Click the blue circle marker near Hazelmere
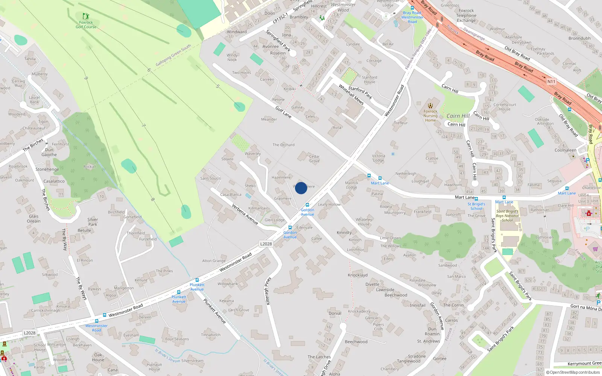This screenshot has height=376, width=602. (301, 188)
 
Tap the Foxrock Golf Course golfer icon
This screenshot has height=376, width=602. (86, 16)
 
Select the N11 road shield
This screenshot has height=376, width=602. (551, 82)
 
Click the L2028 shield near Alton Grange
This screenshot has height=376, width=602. (266, 244)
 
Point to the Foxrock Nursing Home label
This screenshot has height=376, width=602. (430, 116)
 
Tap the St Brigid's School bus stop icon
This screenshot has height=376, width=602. (476, 199)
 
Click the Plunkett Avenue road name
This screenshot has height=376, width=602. (214, 311)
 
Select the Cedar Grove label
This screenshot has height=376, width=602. (314, 159)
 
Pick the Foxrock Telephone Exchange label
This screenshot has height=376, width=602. (466, 15)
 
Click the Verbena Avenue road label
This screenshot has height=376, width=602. (245, 214)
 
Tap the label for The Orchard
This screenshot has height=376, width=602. (283, 145)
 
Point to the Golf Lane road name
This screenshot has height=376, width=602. (283, 112)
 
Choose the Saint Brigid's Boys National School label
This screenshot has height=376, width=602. (507, 216)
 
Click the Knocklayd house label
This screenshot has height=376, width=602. (357, 275)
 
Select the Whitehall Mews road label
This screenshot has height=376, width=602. (351, 94)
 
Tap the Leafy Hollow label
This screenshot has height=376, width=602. (329, 205)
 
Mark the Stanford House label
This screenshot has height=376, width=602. (369, 79)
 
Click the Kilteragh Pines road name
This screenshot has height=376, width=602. (268, 291)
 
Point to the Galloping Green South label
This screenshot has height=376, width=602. (173, 56)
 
